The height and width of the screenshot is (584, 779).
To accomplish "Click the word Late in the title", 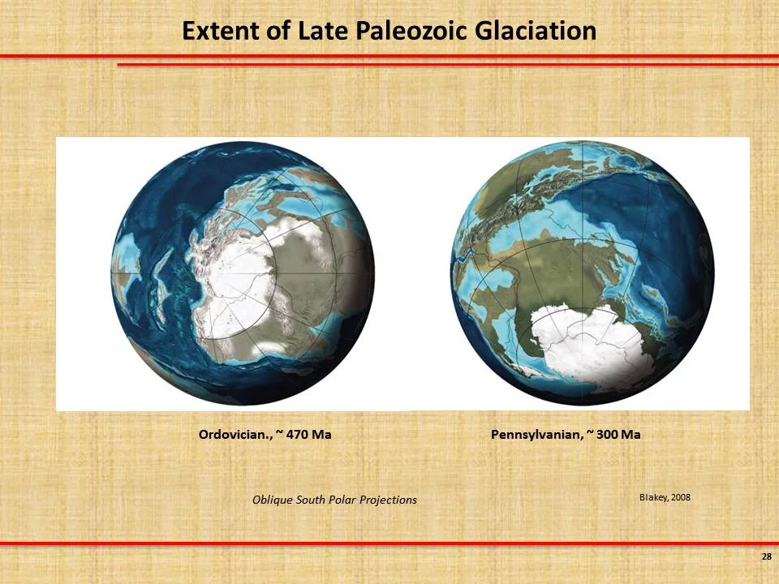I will tap(325, 31).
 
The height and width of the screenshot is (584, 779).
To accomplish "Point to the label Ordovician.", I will tap(235, 435).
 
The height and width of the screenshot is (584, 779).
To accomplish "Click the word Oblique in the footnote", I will tap(272, 500).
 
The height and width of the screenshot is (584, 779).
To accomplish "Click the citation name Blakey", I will tap(653, 497).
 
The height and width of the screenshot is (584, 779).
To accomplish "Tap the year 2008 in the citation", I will tap(680, 497).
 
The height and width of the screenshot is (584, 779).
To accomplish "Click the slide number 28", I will tap(766, 556).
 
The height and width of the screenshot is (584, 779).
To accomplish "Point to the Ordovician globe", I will tap(243, 272).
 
